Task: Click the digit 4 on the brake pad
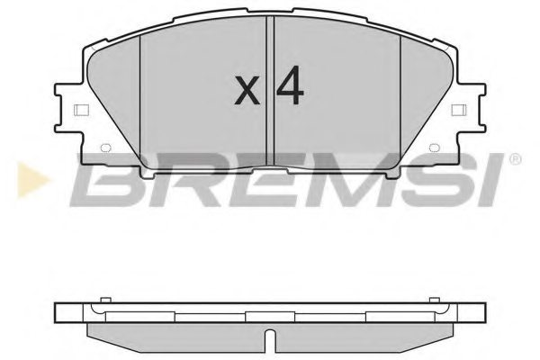point(288,86)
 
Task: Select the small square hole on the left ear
point(78,112)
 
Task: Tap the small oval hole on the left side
point(104,149)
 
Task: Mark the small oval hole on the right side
point(435,149)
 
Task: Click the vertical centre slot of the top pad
point(271,90)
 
